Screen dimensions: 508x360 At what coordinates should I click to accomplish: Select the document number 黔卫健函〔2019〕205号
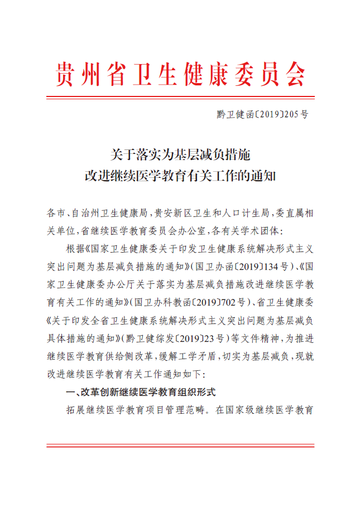click(x=262, y=115)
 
